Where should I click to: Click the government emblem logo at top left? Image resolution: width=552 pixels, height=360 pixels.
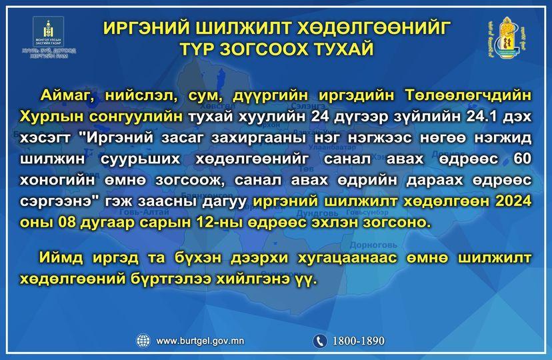49,37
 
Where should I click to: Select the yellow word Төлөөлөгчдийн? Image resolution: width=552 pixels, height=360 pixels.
468,96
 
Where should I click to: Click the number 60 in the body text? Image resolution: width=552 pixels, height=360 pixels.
523,159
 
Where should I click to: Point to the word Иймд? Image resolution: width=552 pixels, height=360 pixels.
61,258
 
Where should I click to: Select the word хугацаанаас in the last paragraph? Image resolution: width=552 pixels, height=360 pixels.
347,258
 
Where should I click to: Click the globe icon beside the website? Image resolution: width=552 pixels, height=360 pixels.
143,341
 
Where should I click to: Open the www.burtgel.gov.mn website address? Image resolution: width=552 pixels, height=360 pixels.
200,341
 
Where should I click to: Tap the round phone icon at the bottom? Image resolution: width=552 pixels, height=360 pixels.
319,341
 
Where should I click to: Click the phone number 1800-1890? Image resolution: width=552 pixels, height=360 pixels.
359,341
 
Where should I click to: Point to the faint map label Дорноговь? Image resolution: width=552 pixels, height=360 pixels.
373,245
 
